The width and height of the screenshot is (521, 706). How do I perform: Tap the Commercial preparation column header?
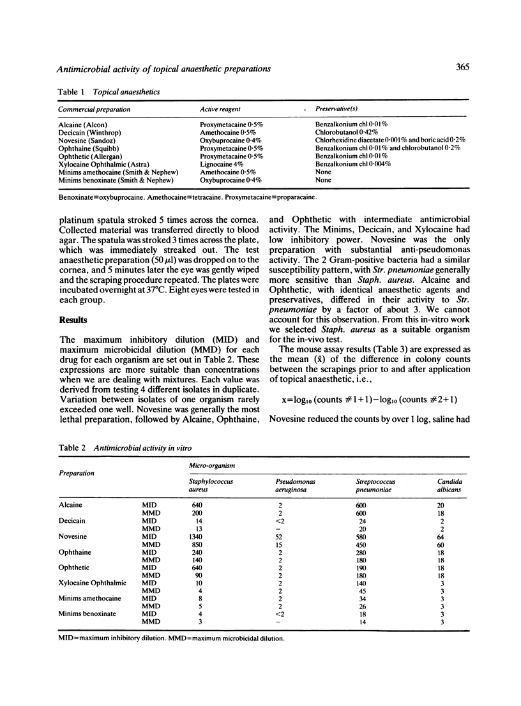(94, 109)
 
